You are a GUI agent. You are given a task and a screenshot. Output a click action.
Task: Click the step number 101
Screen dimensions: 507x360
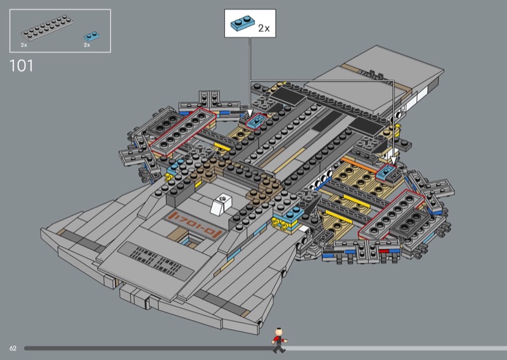coord(22,65)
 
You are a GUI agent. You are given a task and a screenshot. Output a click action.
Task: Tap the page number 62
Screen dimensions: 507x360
coord(13,349)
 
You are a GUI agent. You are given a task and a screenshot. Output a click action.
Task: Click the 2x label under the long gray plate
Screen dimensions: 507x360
coord(24,46)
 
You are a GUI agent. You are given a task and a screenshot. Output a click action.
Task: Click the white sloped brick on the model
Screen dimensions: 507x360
coord(222,204)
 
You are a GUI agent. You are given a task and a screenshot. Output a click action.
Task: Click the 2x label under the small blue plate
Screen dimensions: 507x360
coord(87,46)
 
